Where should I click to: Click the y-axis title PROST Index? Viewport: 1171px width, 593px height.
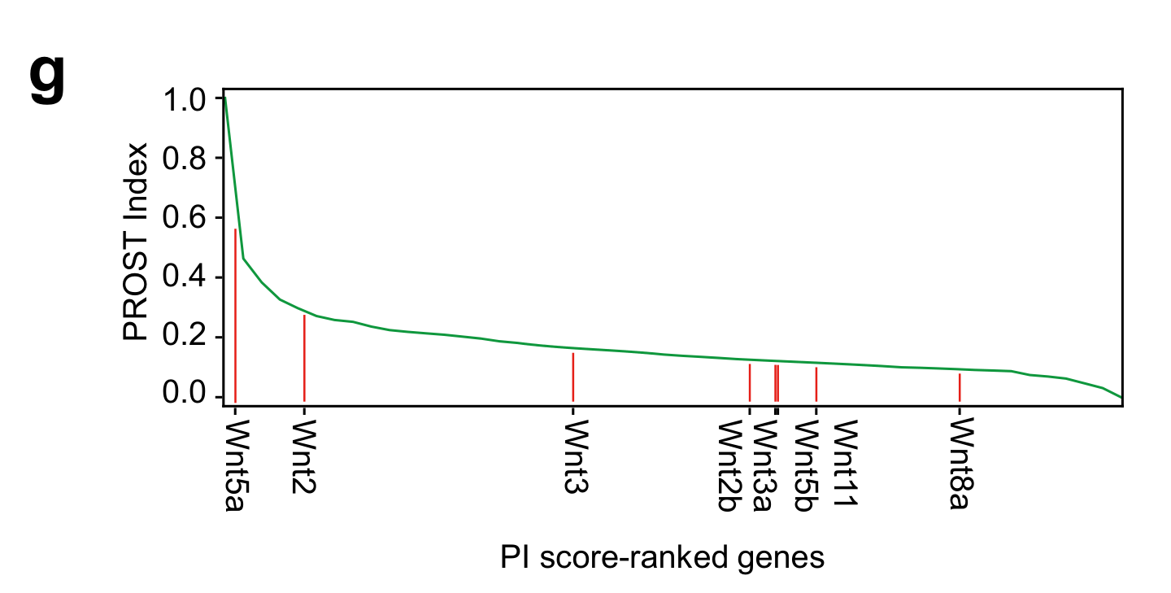(137, 242)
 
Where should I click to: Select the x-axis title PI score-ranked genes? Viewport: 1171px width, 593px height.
(662, 558)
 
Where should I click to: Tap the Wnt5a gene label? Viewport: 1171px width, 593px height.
(235, 466)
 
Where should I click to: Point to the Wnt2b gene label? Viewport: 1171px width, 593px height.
(727, 466)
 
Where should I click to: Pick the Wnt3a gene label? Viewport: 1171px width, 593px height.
(762, 466)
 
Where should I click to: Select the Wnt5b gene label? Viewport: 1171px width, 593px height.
(805, 466)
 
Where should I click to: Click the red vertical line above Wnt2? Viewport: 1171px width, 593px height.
(304, 358)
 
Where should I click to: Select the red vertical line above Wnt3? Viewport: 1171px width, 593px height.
(573, 377)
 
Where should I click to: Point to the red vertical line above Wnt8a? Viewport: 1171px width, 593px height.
(960, 387)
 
